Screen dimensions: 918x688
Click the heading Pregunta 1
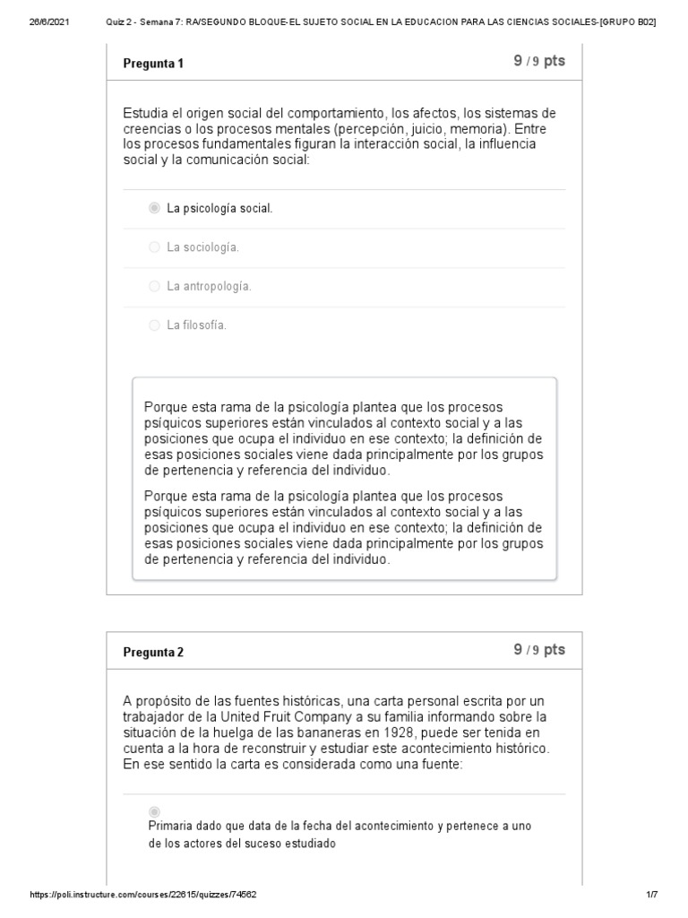point(153,64)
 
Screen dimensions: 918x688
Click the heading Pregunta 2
point(153,652)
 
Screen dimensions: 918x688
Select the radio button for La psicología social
point(154,208)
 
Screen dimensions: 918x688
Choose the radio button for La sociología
point(154,247)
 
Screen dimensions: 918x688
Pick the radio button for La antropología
point(154,286)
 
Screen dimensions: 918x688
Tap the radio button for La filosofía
point(154,325)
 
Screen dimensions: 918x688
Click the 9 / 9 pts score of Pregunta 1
point(539,61)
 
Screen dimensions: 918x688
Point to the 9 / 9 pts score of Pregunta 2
point(539,650)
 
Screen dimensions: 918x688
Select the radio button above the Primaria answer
point(154,811)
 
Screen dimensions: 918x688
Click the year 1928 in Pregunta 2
point(348,732)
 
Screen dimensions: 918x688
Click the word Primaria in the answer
point(170,826)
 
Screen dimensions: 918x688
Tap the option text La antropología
point(209,286)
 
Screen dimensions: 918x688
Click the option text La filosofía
point(197,325)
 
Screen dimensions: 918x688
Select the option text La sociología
point(203,247)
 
